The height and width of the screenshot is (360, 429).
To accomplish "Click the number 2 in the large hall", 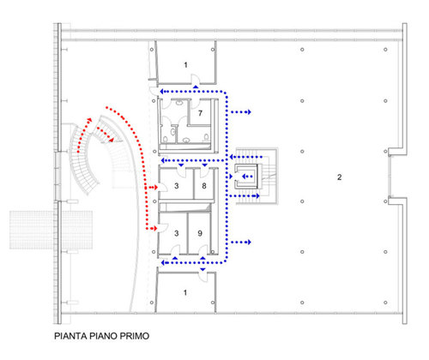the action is coord(339,177).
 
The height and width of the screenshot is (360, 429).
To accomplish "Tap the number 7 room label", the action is coord(200,113).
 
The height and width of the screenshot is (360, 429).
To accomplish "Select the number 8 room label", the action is coord(204,186).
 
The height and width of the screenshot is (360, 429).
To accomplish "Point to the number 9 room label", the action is coord(200,233).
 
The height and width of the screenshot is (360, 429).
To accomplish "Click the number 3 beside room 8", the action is coord(177,186).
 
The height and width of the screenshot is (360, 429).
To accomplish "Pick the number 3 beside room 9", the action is coord(177,233).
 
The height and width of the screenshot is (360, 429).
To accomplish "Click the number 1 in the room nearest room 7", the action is coord(185,65).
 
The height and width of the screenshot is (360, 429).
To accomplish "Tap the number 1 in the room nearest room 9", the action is coord(185,292).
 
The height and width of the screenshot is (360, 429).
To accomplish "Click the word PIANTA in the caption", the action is coord(70,336).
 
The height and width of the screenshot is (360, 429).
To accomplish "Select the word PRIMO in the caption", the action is coord(135,336).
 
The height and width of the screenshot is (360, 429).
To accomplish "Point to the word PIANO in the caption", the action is coord(103,336).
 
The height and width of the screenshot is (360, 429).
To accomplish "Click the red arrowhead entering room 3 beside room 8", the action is coord(155,188).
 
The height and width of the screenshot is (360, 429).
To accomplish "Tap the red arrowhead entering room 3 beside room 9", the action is coord(155,228).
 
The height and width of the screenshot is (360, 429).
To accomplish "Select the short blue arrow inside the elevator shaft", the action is coord(248,177).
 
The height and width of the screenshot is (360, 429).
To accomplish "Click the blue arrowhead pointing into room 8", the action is coord(204,165).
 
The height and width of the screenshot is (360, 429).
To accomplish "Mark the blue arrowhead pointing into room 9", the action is coord(202,258).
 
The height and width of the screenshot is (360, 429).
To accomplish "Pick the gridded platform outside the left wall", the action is coord(51,230).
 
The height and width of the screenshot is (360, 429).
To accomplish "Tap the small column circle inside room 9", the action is coord(213,252).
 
